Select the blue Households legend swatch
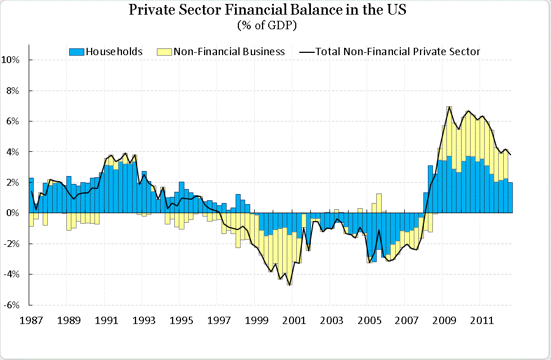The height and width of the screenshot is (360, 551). tap(76, 52)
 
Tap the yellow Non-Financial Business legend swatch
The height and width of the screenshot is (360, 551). tap(164, 52)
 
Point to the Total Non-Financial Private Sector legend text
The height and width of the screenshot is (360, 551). tap(398, 52)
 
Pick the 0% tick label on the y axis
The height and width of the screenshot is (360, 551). tap(14, 213)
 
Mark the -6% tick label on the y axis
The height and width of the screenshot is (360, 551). tap(13, 305)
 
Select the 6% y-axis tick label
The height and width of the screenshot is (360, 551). tap(14, 121)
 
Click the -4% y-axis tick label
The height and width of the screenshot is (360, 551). tap(13, 274)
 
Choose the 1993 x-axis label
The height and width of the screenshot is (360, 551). tap(142, 321)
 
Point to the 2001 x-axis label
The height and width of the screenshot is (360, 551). tap(293, 321)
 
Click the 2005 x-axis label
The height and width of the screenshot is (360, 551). tap(368, 321)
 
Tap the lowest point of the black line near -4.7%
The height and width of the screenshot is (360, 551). tap(290, 285)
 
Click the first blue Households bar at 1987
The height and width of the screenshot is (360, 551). tap(31, 195)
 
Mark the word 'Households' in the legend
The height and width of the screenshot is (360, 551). tap(114, 52)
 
